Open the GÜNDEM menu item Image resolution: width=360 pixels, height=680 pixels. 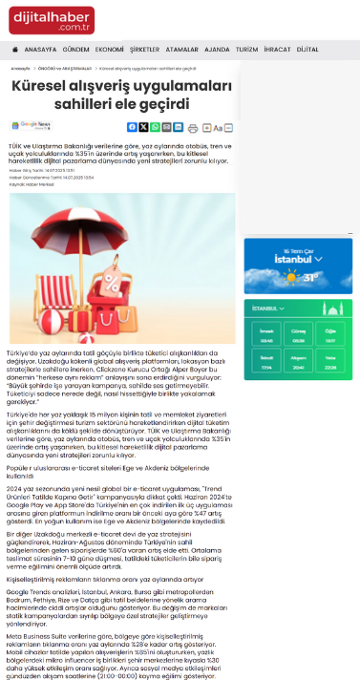76,49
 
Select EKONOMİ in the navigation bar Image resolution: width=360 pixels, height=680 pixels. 110,49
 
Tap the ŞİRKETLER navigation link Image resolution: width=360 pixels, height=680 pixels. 144,49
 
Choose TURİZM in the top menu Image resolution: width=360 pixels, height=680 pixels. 247,49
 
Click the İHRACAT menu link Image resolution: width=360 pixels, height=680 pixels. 277,49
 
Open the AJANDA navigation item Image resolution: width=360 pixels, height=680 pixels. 217,49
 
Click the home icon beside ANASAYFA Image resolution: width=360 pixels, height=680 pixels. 15,49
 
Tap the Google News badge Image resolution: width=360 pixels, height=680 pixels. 33,125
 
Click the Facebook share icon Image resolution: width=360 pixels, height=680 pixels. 132,126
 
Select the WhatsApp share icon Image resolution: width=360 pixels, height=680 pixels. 166,126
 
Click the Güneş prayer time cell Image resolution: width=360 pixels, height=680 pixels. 300,337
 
